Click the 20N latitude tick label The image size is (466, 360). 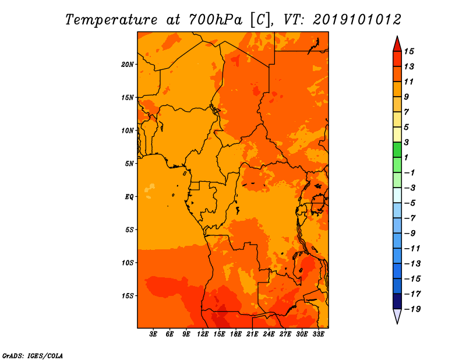click(128, 65)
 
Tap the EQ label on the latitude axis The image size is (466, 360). click(129, 197)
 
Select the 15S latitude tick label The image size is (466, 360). click(128, 296)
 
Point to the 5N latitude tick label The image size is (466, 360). click(129, 164)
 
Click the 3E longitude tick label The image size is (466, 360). click(153, 334)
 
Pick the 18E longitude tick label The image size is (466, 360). click(236, 334)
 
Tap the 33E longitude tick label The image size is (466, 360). click(318, 334)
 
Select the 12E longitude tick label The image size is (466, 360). click(203, 334)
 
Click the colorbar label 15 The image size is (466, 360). click(409, 51)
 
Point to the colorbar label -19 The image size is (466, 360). click(412, 309)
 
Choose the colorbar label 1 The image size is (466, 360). click(406, 157)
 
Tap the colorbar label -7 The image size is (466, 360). click(410, 218)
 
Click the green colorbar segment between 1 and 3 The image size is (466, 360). click(397, 150)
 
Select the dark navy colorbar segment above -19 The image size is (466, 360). click(397, 301)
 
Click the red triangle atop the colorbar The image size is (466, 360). click(397, 45)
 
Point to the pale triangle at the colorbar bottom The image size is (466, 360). click(397, 316)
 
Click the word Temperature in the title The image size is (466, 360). click(111, 20)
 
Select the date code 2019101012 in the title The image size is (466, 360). click(357, 20)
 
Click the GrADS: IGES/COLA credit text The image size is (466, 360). click(33, 356)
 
